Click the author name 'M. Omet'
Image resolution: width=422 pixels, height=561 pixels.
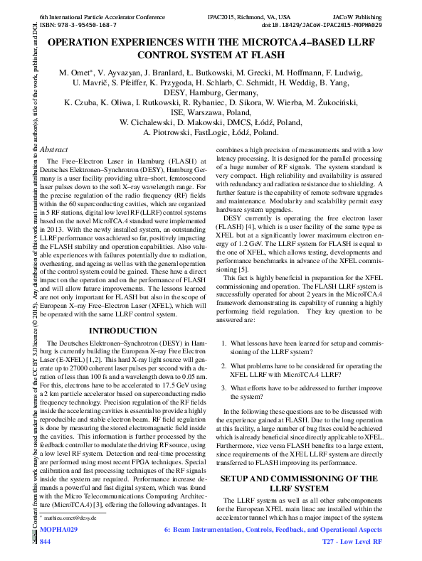pos(75,73)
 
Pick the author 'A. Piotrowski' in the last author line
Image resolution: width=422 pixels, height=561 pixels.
pos(172,132)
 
